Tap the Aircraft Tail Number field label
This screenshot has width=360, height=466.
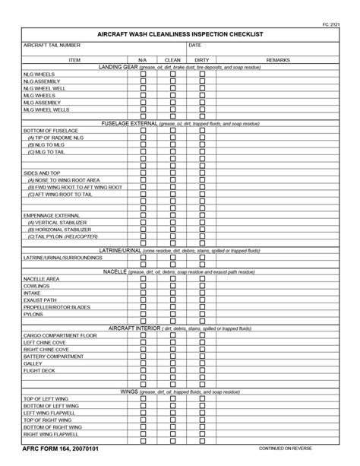click(x=52, y=46)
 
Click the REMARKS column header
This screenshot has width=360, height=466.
click(x=278, y=59)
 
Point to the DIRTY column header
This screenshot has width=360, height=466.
click(x=202, y=59)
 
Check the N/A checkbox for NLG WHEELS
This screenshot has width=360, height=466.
click(x=143, y=74)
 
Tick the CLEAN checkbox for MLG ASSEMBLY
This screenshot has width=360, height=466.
click(x=172, y=103)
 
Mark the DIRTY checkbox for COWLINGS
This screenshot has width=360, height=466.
click(x=202, y=286)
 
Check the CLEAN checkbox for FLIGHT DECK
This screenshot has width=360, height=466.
click(x=172, y=370)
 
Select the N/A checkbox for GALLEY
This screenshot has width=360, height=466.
click(x=143, y=363)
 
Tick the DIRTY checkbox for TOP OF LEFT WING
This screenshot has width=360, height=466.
click(x=202, y=399)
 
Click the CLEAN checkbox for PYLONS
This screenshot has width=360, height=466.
click(x=172, y=314)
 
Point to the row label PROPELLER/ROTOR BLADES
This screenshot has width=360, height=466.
click(x=57, y=307)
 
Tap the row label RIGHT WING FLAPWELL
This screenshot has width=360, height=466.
click(x=51, y=434)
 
